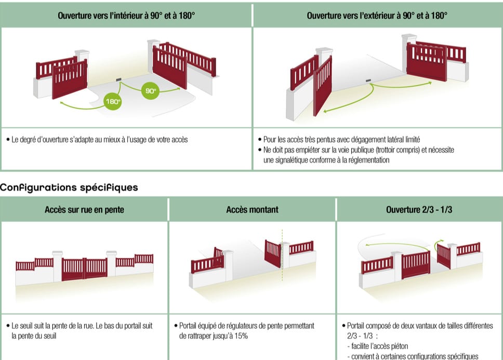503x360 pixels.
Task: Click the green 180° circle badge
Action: pos(112,102)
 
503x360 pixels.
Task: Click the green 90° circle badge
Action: pos(150,91)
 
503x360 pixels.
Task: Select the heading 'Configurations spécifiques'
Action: pos(69,187)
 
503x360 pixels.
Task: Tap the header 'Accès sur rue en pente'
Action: pos(84,210)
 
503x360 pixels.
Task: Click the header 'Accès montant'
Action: pos(252,210)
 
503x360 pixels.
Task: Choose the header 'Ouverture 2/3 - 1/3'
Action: pos(419,210)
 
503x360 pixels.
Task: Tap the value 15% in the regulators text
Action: pos(240,336)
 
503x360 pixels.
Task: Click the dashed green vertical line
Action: pos(282,255)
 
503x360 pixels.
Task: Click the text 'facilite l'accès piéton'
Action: pos(379,346)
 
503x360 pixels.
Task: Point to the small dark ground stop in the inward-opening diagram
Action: pos(118,79)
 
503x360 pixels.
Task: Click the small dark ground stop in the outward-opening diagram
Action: pos(368,81)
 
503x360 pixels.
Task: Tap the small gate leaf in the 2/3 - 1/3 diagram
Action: pos(444,256)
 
